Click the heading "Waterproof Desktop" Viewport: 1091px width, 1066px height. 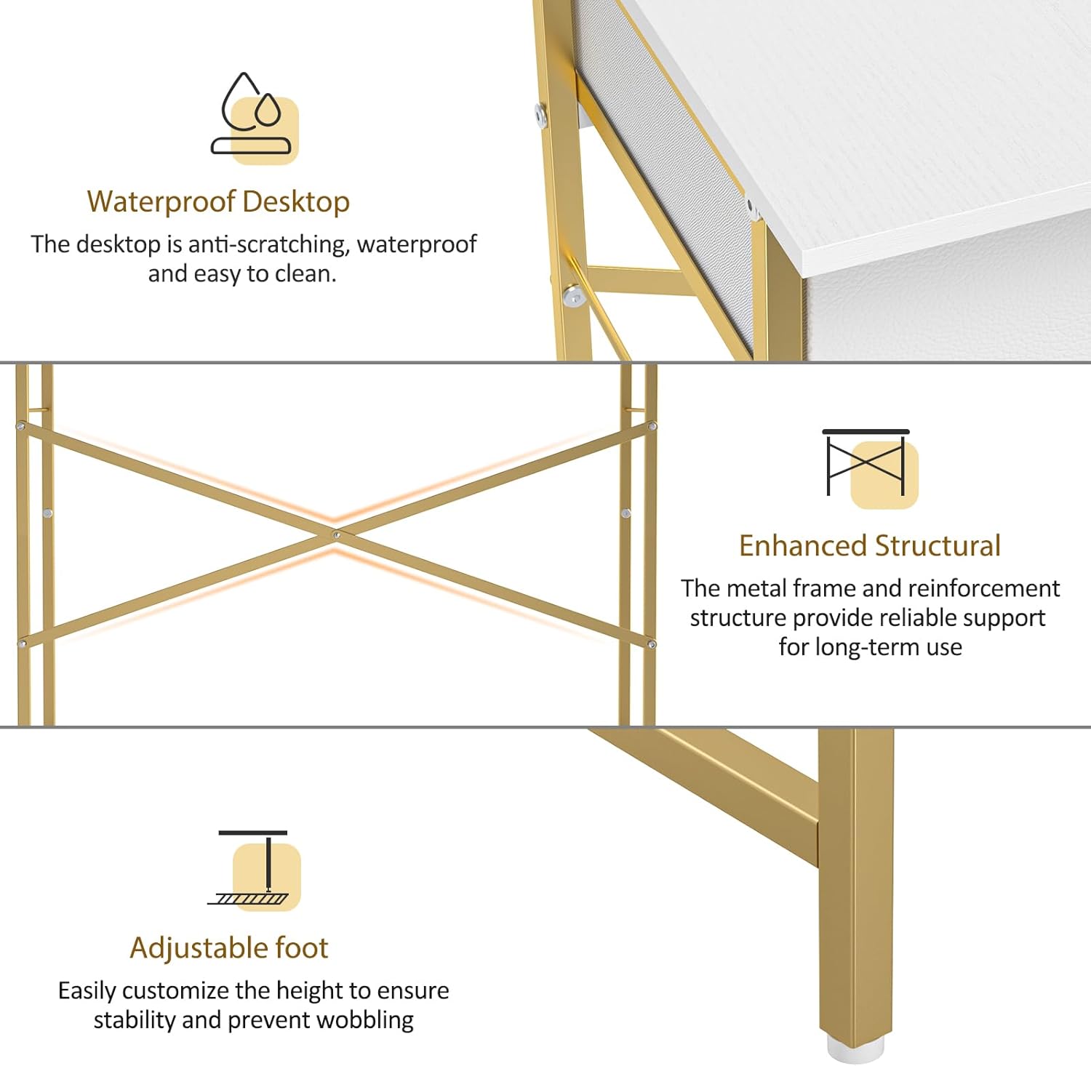tap(218, 202)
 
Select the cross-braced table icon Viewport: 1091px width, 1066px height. tap(869, 467)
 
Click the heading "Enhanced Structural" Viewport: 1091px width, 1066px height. tap(870, 546)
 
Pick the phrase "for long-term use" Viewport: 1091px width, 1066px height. tap(870, 646)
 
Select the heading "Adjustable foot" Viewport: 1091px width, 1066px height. tap(229, 948)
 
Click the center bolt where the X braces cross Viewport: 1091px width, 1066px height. tap(335, 535)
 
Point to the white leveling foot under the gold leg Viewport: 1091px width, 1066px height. tap(855, 1049)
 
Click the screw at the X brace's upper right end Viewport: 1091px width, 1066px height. tap(652, 426)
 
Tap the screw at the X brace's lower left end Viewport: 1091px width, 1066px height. tap(22, 644)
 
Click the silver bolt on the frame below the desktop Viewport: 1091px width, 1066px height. tap(574, 294)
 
